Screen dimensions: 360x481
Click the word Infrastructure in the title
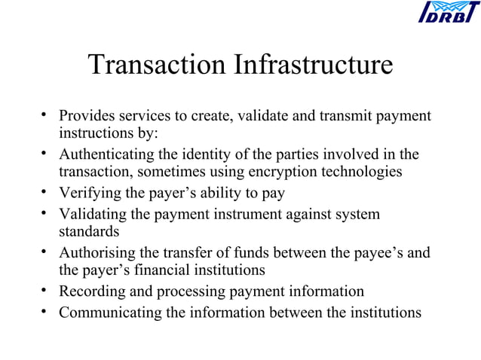click(x=315, y=65)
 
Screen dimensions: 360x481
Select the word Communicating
click(x=110, y=311)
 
